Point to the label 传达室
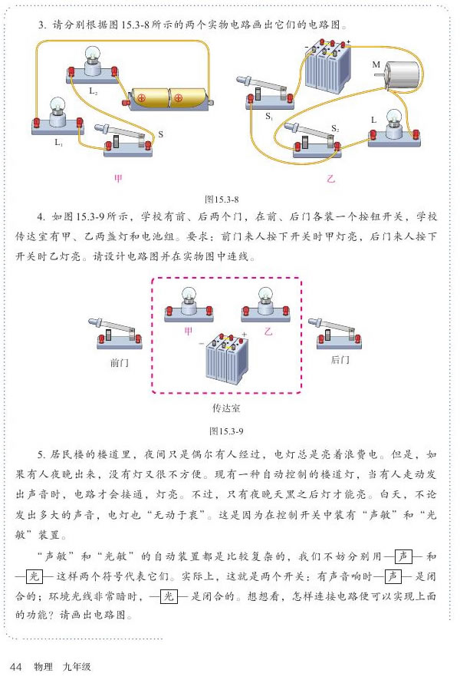click(x=228, y=408)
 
